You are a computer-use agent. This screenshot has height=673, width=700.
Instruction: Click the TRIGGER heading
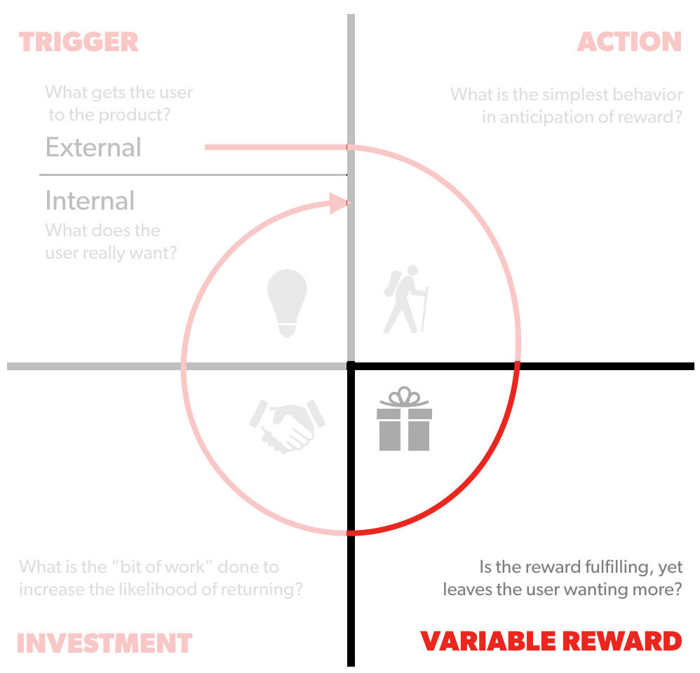pos(79,41)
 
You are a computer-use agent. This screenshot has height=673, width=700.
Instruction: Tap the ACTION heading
pos(629,41)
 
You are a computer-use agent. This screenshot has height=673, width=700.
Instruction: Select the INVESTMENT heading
pos(105,643)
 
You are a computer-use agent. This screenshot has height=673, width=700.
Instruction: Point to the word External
pos(93,147)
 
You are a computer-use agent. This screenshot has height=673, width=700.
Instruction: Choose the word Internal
pos(90,200)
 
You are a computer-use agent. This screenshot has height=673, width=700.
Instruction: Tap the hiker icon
pos(405,299)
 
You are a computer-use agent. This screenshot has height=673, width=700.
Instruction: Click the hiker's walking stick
pos(423,308)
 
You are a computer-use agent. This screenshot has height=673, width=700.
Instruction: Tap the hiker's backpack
pos(393,282)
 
